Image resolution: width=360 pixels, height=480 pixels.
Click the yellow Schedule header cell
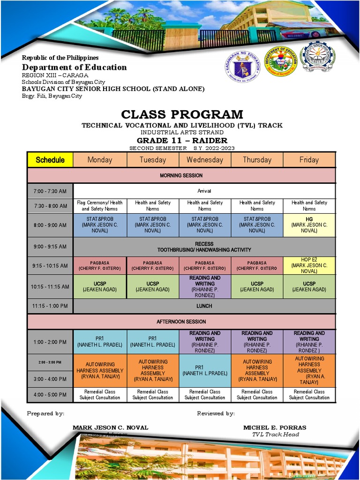coord(50,160)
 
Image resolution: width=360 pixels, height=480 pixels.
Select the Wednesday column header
coord(205,160)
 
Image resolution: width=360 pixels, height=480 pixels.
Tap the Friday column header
coord(309,160)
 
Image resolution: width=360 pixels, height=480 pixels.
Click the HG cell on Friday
coord(309,225)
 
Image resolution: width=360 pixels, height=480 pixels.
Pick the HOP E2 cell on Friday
coord(309,265)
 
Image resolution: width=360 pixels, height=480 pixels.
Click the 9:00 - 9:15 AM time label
coord(50,247)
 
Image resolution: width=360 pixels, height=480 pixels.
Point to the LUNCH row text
coord(204,306)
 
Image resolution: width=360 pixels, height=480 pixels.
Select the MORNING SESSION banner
coord(181,175)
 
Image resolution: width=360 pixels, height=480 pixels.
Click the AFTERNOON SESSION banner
coord(181,322)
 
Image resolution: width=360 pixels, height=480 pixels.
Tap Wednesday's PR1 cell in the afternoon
coord(205,370)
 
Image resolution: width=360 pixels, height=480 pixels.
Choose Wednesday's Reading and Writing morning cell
coord(205,286)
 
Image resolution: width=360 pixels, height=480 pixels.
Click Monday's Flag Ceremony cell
coord(100,205)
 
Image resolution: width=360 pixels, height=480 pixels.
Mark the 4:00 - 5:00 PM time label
coord(50,395)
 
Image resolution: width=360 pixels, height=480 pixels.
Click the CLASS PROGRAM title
coord(182,114)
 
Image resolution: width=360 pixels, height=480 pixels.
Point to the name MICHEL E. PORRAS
coord(275,427)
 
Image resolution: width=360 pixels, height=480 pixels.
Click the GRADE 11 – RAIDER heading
coord(182,141)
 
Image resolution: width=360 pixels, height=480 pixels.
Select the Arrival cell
coord(204,191)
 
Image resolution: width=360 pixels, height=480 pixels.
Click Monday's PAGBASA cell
coord(100,266)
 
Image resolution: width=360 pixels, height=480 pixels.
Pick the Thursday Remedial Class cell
coord(257,395)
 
